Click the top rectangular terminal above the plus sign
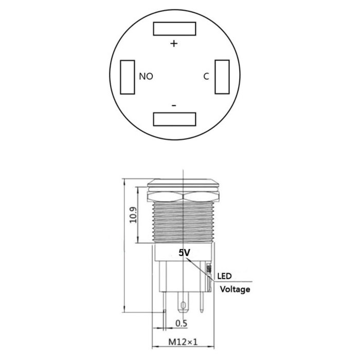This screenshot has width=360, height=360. (175, 29)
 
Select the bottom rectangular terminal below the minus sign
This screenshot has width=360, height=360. (175, 119)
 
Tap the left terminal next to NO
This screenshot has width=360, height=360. (126, 77)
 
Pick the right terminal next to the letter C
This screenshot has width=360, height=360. (222, 77)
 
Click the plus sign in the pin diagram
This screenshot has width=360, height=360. (174, 44)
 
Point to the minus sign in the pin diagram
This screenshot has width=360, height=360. (173, 105)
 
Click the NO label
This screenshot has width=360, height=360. (147, 77)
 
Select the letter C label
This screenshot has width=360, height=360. (206, 77)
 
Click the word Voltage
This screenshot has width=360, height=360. (235, 289)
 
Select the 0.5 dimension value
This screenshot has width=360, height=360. (181, 323)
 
